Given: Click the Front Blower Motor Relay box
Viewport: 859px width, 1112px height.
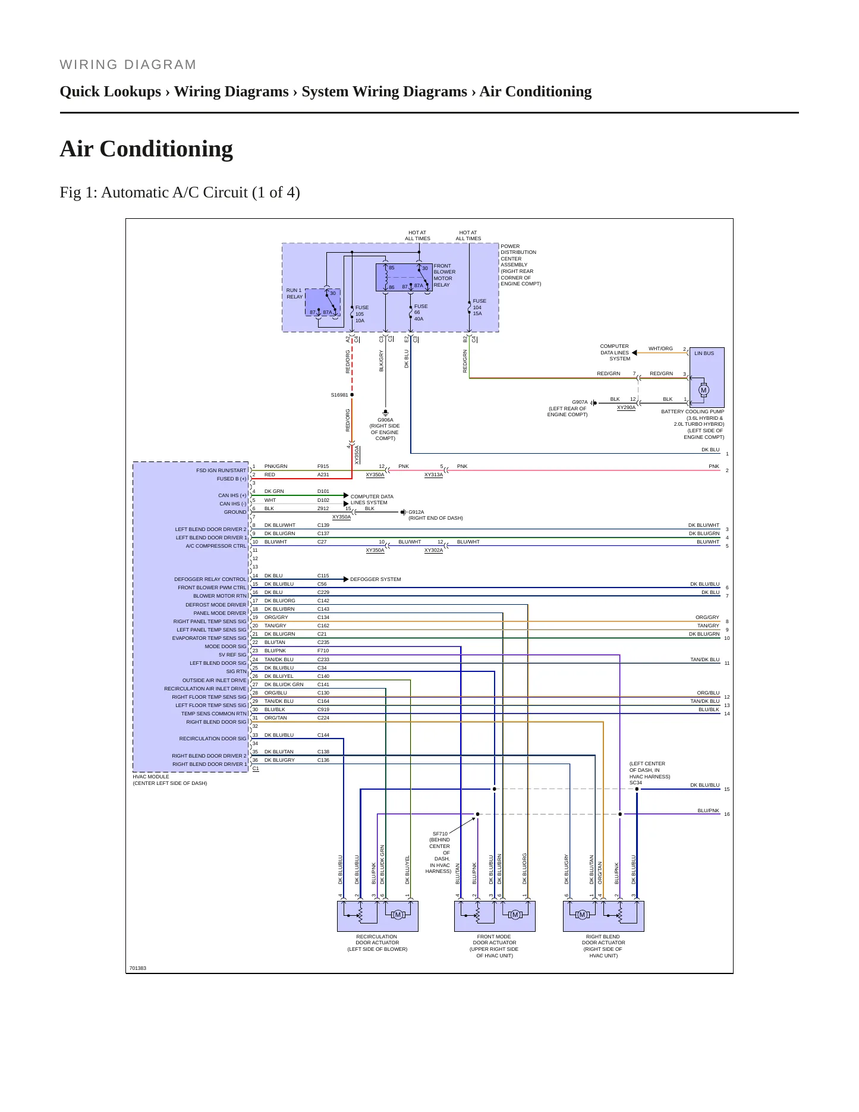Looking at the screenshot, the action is [x=404, y=277].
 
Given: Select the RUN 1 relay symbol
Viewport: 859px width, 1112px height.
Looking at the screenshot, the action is [x=323, y=302].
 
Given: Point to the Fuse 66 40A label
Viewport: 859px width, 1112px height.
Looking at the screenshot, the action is [x=420, y=312].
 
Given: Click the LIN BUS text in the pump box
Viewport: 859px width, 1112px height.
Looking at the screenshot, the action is [x=704, y=353].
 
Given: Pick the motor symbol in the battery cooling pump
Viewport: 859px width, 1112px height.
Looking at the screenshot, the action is [x=704, y=390].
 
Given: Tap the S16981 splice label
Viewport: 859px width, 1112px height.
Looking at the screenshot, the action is [x=339, y=395].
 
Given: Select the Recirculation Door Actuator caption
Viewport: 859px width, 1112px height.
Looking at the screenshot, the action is [x=377, y=943].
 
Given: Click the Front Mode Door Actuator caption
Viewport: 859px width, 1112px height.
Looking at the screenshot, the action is [x=494, y=946].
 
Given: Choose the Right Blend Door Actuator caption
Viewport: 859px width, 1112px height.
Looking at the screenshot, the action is [x=603, y=946].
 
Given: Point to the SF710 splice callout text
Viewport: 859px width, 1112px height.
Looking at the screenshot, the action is [x=439, y=852].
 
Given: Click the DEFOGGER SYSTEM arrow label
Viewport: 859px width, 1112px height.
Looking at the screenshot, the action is [x=376, y=579].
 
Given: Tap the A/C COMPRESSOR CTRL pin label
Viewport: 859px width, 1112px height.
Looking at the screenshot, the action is [x=216, y=546].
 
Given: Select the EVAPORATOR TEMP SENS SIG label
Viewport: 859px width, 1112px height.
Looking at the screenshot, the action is [x=209, y=638].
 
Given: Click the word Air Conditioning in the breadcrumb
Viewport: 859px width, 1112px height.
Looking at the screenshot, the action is [x=536, y=92].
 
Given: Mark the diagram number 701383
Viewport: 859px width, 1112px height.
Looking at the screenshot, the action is [x=138, y=968].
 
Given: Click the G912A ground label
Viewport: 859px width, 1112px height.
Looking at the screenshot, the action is [x=416, y=512].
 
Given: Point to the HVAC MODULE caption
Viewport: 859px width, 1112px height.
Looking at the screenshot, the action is [x=151, y=777].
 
